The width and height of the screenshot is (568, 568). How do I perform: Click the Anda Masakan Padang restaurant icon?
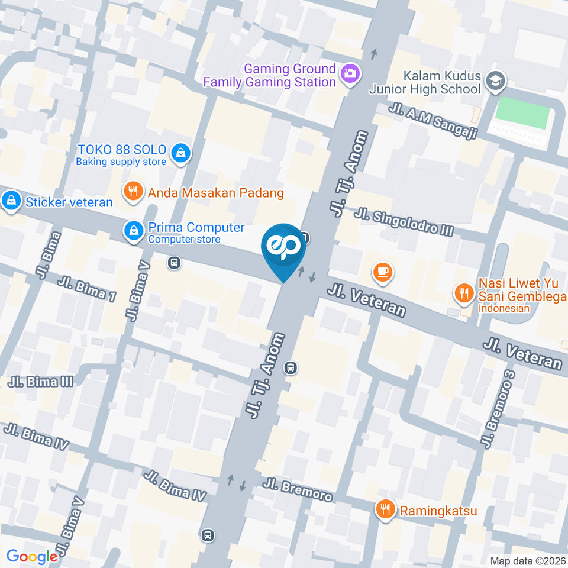(x=133, y=191)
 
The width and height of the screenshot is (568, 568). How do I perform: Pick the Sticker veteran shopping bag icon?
(x=10, y=201)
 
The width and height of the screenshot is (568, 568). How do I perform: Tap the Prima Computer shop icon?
(x=133, y=231)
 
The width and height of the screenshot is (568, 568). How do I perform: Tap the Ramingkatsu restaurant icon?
(x=386, y=509)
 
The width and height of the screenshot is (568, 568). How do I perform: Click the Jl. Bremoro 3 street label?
(x=497, y=408)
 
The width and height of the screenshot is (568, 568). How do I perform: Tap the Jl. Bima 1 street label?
(x=86, y=288)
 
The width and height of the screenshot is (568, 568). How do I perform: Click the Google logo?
(x=32, y=556)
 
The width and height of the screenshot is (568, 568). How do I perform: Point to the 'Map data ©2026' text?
(x=527, y=560)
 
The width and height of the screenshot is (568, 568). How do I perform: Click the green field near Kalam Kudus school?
(x=521, y=113)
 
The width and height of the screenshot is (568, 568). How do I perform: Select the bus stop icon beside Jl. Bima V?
(x=174, y=262)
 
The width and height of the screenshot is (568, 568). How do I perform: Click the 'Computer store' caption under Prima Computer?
(x=184, y=240)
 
